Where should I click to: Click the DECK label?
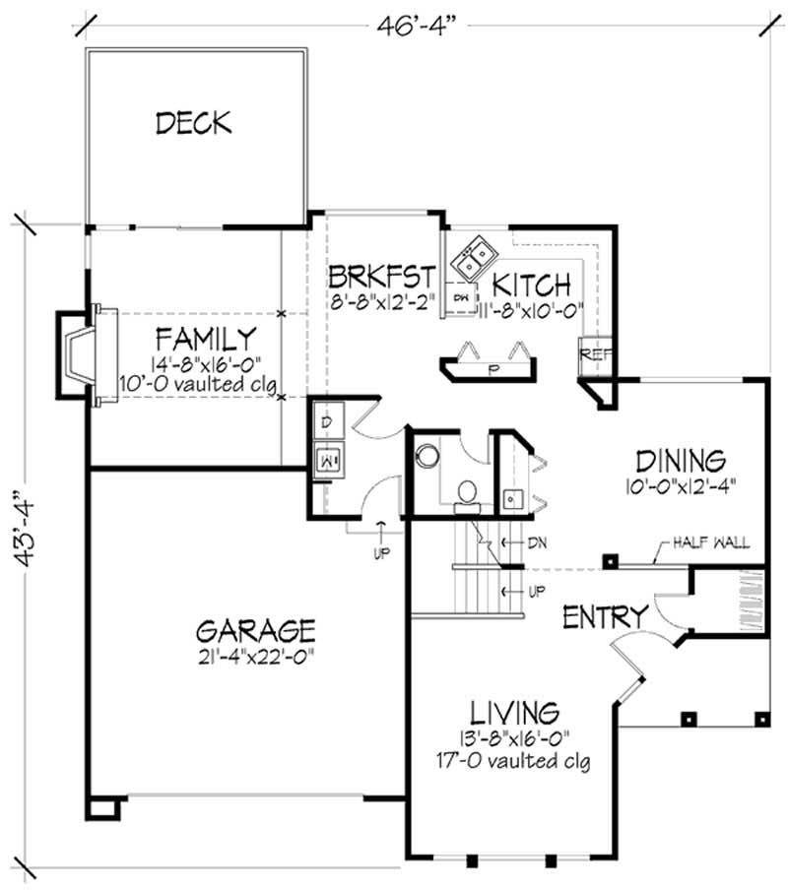[193, 123]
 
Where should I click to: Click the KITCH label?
[531, 286]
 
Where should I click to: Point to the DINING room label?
[681, 460]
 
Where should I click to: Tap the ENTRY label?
[605, 617]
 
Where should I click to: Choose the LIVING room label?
[514, 711]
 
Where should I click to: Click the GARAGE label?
[255, 629]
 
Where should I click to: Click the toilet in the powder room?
[466, 493]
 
